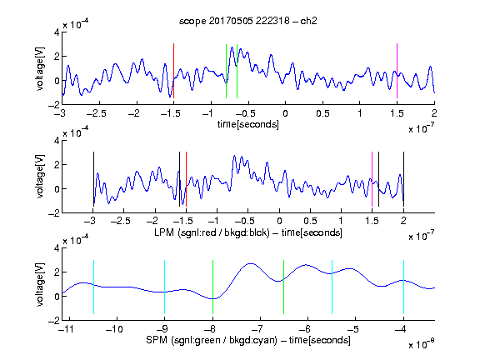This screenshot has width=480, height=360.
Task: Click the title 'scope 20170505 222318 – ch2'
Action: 248,21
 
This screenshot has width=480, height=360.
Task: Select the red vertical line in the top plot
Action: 173,71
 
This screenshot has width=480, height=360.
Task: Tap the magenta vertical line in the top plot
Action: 397,71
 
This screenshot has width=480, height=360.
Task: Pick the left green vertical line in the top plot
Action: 226,71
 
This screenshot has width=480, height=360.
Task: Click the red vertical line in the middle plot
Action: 186,179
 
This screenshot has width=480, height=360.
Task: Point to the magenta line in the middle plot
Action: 372,179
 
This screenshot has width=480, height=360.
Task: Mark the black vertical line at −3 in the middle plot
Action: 93,179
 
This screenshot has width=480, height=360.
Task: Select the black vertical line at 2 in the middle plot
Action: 403,179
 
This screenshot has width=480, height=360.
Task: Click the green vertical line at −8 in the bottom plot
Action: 212,287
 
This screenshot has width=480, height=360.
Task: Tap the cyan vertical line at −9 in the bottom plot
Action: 164,287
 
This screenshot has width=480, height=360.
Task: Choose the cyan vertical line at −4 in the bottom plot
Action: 403,287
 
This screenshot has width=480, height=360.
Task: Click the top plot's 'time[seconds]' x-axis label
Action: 248,124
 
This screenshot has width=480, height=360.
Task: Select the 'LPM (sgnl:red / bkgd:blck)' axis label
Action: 212,232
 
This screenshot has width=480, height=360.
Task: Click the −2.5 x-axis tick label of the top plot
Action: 97,113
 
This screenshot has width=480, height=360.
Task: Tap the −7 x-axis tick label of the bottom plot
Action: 257,329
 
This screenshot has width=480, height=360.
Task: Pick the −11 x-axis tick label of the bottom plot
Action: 66,329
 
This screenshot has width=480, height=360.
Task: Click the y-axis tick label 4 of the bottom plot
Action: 57,247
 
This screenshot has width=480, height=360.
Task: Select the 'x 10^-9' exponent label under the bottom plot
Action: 422,344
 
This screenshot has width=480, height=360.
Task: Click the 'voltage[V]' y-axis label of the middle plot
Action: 40,177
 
